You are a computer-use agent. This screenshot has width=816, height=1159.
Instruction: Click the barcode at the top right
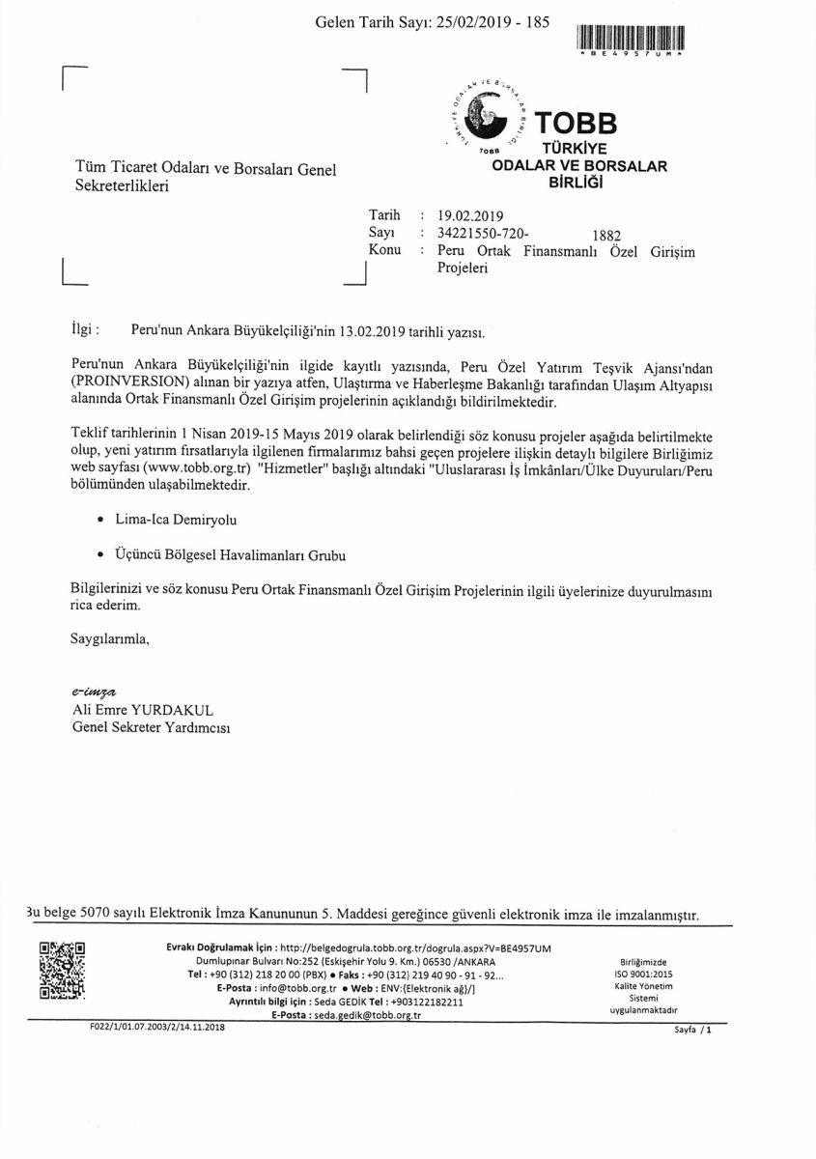pos(630,38)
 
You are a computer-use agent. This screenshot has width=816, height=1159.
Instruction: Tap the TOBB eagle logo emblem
pos(488,119)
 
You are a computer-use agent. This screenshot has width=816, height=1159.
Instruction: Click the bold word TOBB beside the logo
pos(575,124)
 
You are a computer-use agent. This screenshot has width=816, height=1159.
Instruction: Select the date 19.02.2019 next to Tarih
pos(470,216)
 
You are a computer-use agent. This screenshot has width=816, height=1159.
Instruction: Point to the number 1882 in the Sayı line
pos(605,235)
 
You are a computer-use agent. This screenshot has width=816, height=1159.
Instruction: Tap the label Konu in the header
pos(384,250)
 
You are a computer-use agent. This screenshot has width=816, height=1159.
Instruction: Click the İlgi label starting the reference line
pos(85,329)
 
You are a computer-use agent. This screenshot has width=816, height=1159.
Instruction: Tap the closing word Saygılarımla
pos(110,638)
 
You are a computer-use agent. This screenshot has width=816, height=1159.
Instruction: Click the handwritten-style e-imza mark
pos(94,692)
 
